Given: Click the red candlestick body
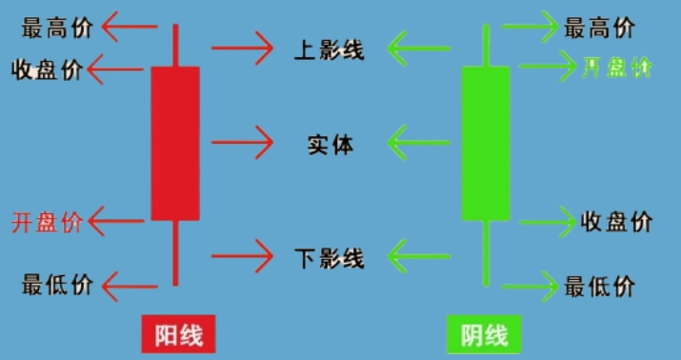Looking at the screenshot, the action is click(x=175, y=143).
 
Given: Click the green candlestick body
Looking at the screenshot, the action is click(x=486, y=143).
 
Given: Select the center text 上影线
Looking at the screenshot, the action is click(x=329, y=48).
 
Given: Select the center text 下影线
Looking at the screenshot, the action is click(x=329, y=257).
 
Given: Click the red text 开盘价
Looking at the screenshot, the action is click(x=47, y=224).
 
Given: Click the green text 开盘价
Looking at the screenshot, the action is click(x=616, y=68).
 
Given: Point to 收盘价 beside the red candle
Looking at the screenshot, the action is click(x=47, y=70).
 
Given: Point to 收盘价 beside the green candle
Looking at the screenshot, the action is click(x=616, y=222).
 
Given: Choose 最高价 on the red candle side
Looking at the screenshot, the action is click(x=56, y=28).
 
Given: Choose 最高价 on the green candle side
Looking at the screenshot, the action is click(x=599, y=28).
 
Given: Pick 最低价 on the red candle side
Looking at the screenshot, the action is click(x=56, y=283).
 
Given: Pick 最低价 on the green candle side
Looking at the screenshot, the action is click(x=599, y=285).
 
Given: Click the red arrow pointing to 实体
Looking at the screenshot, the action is click(x=242, y=143).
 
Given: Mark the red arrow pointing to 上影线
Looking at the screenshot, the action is click(x=242, y=45).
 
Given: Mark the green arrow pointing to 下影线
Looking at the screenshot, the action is click(x=419, y=255).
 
